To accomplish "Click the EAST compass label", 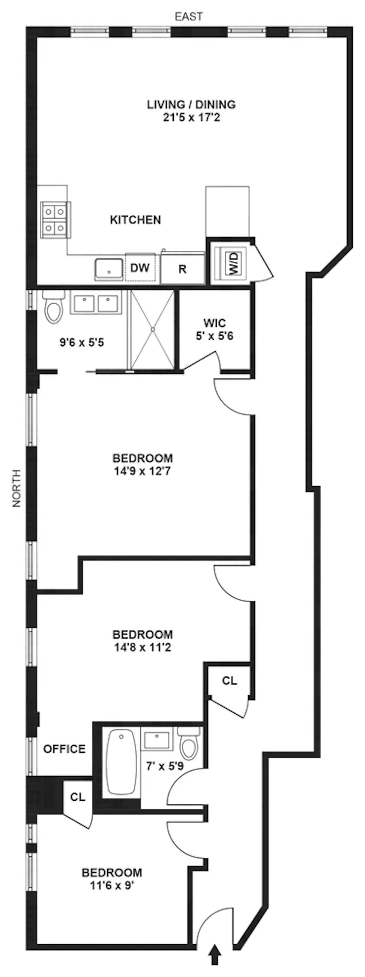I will tap(189, 17).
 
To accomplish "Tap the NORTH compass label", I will tap(17, 489).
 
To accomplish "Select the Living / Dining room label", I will tap(191, 104).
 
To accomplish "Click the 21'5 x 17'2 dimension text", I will tap(191, 118).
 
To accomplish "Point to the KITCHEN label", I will tap(136, 220).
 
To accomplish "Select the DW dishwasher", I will tap(140, 268).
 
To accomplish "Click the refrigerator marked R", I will tap(182, 269).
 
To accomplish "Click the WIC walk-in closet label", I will tap(214, 323).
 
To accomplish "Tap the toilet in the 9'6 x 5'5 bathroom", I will tap(52, 307).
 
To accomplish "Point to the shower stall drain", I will tap(153, 329).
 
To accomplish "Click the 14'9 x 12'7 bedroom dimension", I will tap(143, 471).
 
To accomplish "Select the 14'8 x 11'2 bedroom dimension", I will tap(142, 647).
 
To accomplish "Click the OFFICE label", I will tap(64, 749).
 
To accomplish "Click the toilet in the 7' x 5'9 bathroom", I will tap(188, 743).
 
